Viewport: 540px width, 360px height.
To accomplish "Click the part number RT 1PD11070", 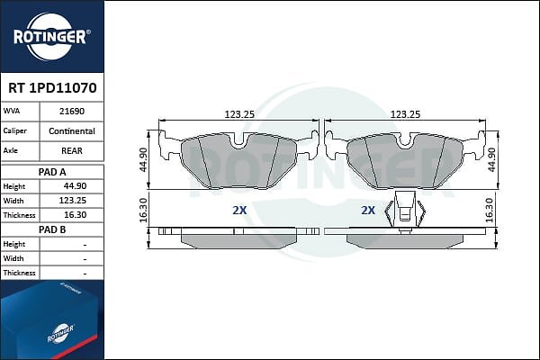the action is (x=52, y=88).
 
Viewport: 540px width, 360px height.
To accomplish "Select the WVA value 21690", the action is (x=72, y=112).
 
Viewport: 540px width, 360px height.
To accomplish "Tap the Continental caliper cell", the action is (x=72, y=130).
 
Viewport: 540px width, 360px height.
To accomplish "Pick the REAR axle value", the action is (x=72, y=150).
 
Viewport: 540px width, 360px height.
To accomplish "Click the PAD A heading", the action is (x=52, y=172).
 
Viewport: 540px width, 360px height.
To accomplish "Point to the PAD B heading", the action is (x=52, y=229).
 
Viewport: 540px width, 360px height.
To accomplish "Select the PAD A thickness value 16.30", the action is (x=76, y=215).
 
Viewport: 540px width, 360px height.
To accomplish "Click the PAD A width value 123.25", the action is (x=73, y=201).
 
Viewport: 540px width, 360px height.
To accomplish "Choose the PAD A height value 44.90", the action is (x=75, y=186).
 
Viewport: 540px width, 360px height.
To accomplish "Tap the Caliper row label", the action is (x=14, y=130).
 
